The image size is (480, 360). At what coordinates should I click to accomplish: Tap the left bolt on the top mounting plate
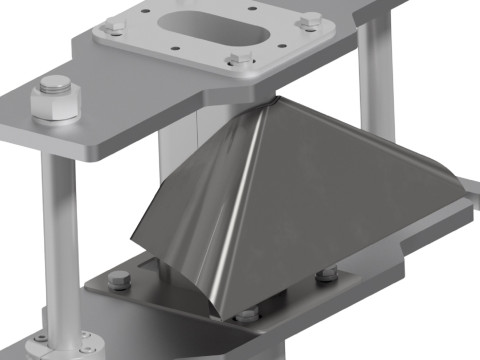[112, 27]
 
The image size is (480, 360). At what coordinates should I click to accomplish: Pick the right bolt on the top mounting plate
[312, 19]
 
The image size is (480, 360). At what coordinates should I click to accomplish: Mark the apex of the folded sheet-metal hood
[270, 102]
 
